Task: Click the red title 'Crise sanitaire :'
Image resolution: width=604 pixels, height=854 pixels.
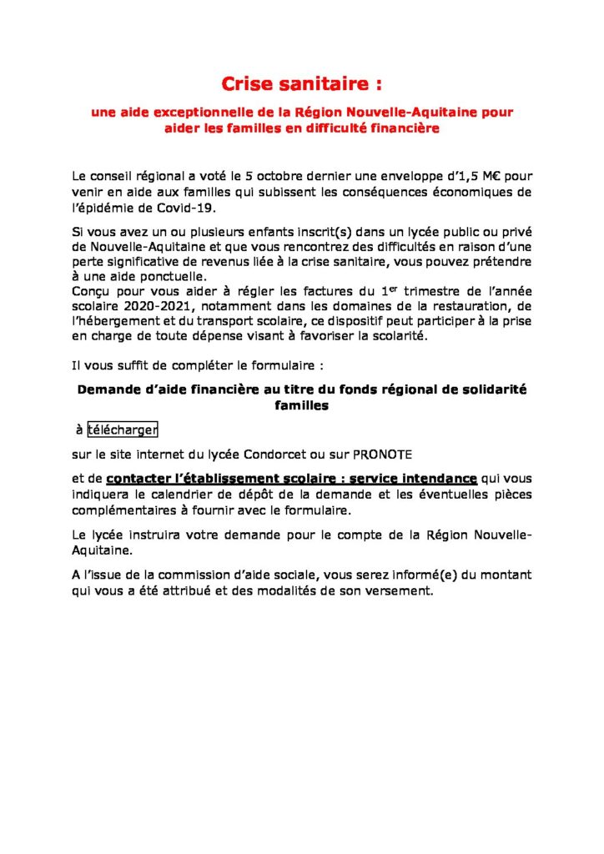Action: [x=302, y=84]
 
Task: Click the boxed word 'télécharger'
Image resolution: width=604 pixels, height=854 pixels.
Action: [x=123, y=430]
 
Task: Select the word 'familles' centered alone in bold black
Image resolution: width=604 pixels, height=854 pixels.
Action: [x=302, y=405]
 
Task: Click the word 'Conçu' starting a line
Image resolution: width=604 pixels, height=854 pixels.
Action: [x=92, y=291]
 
